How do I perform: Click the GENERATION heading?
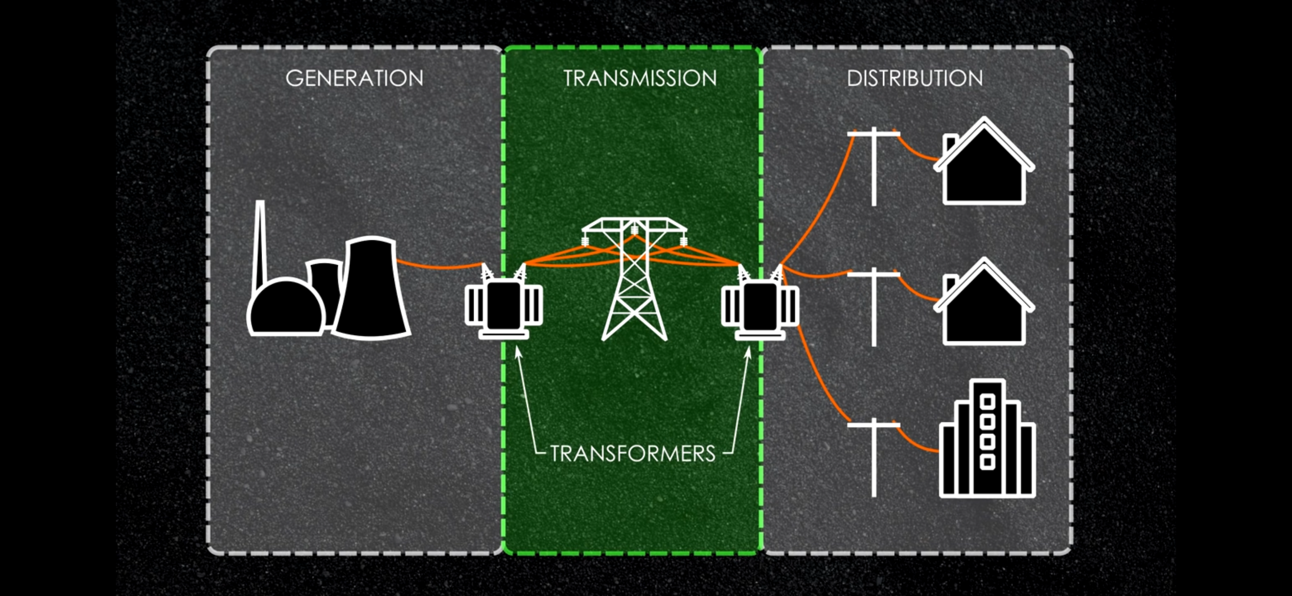click(355, 79)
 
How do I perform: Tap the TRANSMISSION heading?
click(640, 79)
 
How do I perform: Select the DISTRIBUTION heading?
click(915, 79)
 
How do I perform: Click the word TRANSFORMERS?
click(633, 454)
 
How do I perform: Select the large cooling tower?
click(371, 289)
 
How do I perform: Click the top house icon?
click(984, 171)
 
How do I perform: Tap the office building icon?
click(987, 445)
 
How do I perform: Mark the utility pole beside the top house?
click(874, 165)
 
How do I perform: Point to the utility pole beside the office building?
click(874, 457)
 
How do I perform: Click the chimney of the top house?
click(949, 142)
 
